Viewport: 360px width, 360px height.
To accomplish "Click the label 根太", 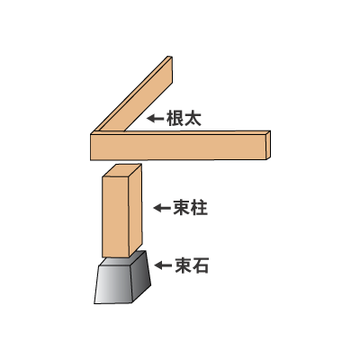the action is click(x=184, y=118).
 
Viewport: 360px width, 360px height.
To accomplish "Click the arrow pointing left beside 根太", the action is click(x=155, y=118).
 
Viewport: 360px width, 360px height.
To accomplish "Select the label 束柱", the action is click(x=191, y=208).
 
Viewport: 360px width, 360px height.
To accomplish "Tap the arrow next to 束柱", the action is click(x=162, y=208).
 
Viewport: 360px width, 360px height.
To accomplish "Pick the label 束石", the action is click(x=192, y=265).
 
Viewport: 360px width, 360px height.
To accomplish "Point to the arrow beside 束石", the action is click(x=163, y=265).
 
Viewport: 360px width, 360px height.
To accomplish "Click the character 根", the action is click(x=175, y=118).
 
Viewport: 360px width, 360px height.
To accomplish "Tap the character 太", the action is click(x=193, y=118).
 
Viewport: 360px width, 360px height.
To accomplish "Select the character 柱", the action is click(x=199, y=208).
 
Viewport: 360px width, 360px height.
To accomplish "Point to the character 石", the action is click(x=201, y=265).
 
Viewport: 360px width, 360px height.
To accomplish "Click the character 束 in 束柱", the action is click(x=182, y=208).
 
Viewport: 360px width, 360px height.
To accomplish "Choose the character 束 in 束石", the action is click(x=184, y=265).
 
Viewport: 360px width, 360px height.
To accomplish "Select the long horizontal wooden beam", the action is click(x=180, y=146).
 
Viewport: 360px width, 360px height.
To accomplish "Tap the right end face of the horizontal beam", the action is click(x=268, y=144).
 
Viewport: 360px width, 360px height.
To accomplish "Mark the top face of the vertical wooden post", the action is click(x=122, y=170).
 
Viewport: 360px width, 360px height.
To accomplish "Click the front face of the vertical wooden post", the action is click(x=116, y=217).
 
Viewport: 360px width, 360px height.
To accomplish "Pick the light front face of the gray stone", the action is click(x=113, y=284).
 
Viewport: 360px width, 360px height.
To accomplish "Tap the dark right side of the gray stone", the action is click(x=141, y=276).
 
